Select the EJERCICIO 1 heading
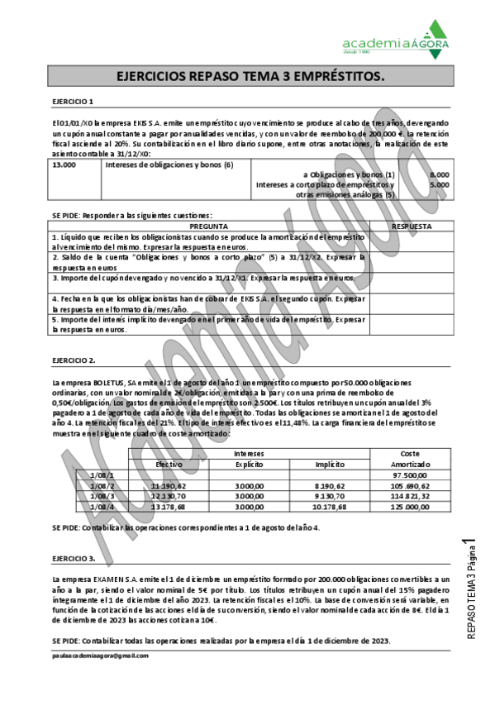[x=73, y=102]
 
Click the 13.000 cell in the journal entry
[x=64, y=165]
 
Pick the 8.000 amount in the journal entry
[x=440, y=175]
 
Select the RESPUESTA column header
[x=410, y=226]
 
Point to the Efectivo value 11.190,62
[x=169, y=486]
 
